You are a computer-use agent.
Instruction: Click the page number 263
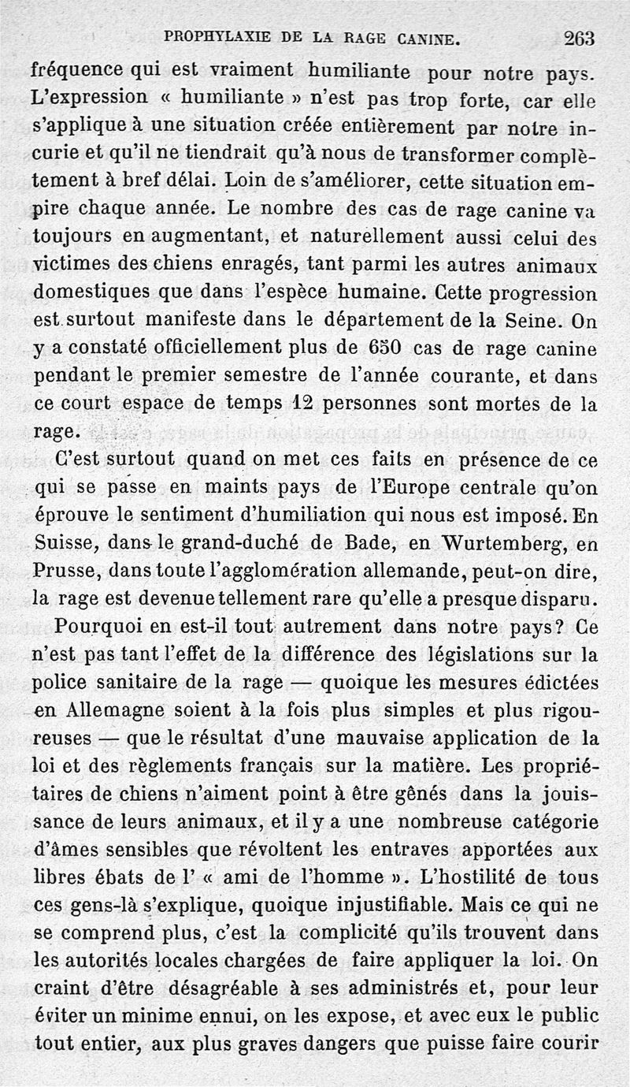click(579, 37)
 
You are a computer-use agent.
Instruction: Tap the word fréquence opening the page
click(79, 71)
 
